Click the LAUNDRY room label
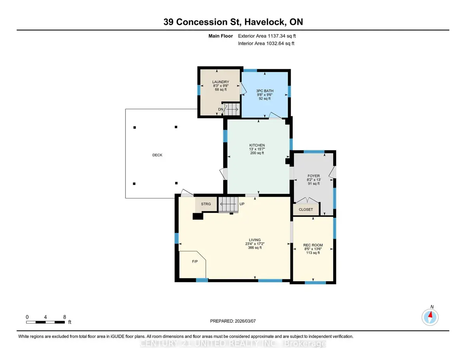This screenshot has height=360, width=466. click(221, 82)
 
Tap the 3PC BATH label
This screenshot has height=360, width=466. click(264, 91)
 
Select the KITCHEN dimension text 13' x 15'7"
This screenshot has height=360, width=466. click(257, 149)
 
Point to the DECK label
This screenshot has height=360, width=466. click(157, 155)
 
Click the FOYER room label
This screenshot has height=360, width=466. click(313, 176)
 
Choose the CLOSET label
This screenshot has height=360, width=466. click(306, 209)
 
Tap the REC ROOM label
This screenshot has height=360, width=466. click(313, 245)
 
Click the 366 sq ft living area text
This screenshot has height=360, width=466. click(255, 248)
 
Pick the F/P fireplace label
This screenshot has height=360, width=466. click(195, 261)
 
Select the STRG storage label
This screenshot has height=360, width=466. click(206, 204)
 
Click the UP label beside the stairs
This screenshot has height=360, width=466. click(242, 204)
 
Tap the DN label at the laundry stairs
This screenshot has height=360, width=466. click(221, 110)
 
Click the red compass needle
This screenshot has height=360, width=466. click(430, 315)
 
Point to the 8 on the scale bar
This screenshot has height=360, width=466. click(64, 317)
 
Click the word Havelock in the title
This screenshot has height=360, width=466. click(265, 22)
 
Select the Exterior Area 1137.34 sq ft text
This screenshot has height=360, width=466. click(267, 36)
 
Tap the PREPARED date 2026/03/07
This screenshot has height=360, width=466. click(245, 321)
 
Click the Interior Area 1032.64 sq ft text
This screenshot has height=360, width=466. click(266, 43)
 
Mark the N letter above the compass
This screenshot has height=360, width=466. click(432, 307)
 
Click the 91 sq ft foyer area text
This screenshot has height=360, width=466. click(314, 184)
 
